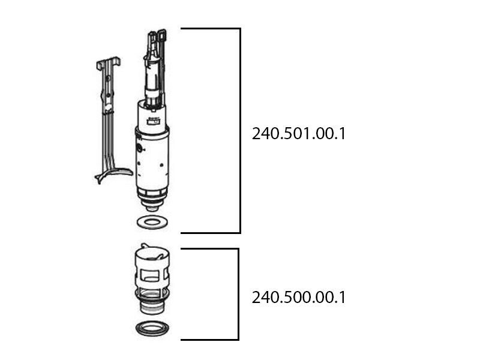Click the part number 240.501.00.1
point(299,133)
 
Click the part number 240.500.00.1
point(299,297)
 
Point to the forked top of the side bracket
point(108,62)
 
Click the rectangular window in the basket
point(152,277)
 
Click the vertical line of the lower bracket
point(238,294)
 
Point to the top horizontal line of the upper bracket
point(210,28)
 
